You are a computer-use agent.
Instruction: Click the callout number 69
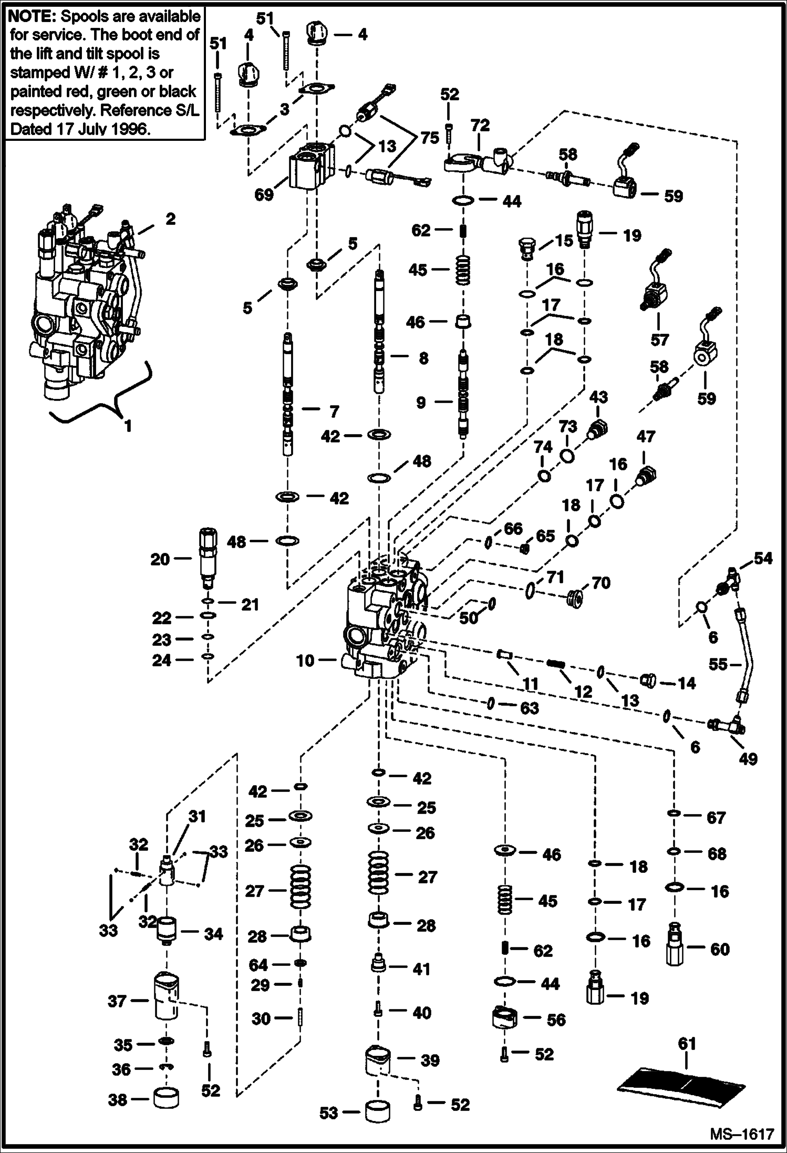264,194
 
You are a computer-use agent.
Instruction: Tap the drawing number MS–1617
742,1134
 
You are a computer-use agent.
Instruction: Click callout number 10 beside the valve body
305,661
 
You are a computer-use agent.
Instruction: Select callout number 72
480,125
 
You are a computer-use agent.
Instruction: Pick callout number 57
659,340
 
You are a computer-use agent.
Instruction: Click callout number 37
117,1001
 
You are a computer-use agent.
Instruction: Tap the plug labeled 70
576,599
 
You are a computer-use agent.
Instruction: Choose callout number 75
429,138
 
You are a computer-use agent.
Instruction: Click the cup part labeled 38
166,1098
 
